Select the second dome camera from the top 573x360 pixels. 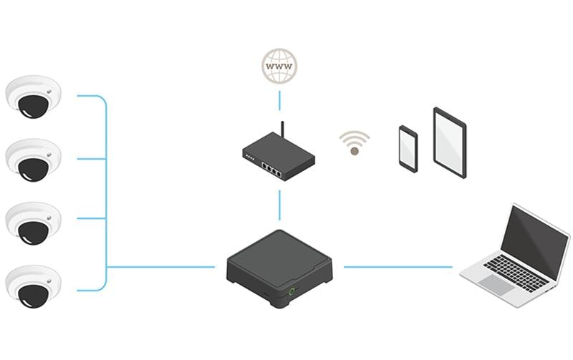pos(33,158)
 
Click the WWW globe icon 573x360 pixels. pos(279,67)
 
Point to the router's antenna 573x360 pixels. pos(282,133)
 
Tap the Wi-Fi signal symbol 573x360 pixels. pos(354,143)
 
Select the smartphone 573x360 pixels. pos(408,149)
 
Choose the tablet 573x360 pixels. pos(450,142)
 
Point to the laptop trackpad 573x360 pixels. pos(496,284)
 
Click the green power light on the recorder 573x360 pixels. pos(292,291)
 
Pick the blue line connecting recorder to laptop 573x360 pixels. pos(398,267)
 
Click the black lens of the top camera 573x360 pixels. pos(32,106)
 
